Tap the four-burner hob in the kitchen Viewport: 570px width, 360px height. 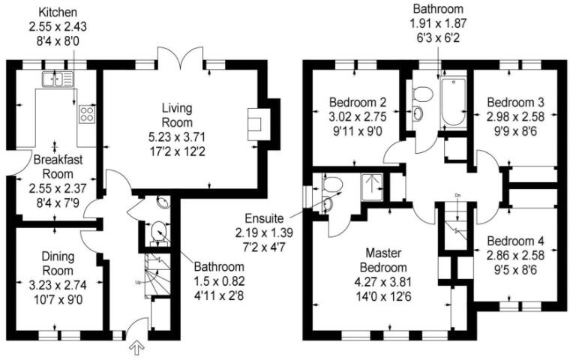[87, 114]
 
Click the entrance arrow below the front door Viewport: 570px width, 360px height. [136, 347]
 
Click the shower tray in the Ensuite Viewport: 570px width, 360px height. [370, 184]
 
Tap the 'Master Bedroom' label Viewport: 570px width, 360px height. [386, 260]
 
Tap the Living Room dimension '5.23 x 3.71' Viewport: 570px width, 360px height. [177, 136]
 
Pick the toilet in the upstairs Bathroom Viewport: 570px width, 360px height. [422, 94]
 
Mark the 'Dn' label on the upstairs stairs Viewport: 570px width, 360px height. [456, 197]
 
